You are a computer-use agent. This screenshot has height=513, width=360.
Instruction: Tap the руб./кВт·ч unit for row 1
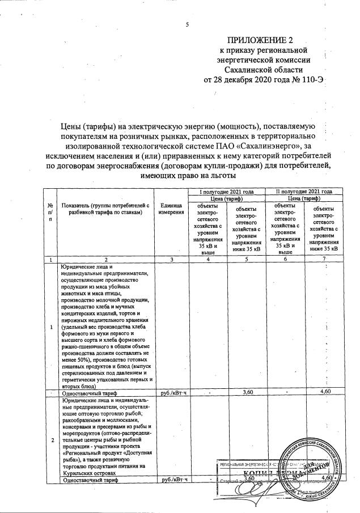172,391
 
